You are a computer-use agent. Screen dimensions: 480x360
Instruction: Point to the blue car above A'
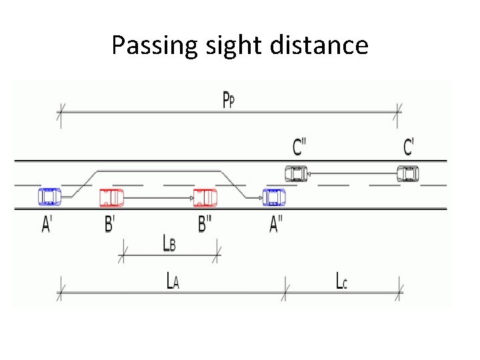49,197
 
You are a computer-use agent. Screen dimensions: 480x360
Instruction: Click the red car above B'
111,197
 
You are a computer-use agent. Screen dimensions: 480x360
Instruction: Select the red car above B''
205,197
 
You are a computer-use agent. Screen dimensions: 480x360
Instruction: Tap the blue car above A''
274,197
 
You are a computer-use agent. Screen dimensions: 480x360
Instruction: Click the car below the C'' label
296,174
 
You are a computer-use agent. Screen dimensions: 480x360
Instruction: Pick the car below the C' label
408,174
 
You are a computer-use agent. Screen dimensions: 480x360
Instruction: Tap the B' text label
109,225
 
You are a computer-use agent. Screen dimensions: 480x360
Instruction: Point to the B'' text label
205,225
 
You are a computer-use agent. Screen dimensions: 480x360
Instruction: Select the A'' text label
276,225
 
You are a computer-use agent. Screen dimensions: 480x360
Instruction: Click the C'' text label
300,147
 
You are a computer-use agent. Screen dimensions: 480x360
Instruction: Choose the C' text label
409,147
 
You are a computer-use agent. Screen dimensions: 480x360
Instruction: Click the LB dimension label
169,243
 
